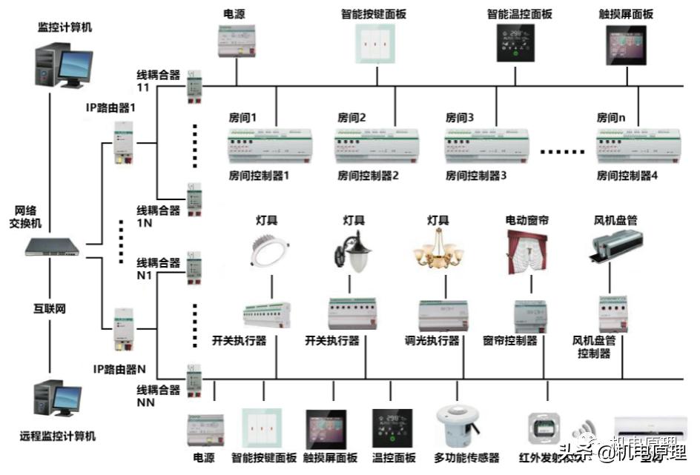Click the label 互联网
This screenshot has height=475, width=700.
(49, 308)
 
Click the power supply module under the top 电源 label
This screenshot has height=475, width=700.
(237, 41)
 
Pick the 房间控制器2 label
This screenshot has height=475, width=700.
(369, 176)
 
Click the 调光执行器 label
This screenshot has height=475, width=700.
(432, 341)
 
